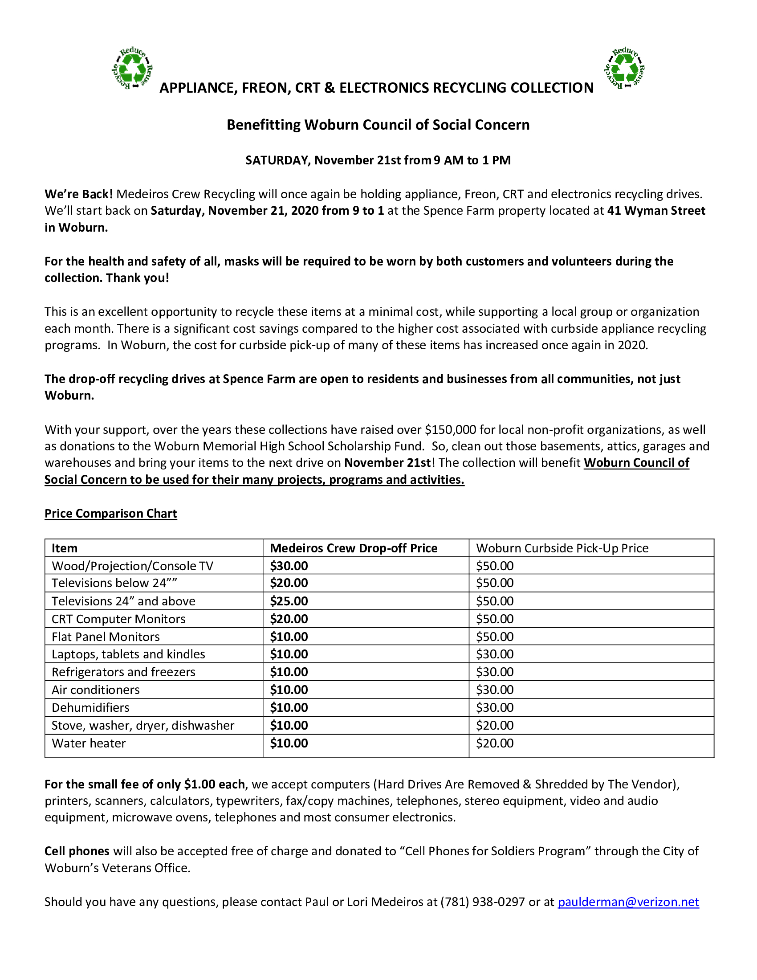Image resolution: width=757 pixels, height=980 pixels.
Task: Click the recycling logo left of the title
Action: click(x=132, y=69)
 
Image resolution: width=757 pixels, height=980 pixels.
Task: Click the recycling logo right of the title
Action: click(x=624, y=69)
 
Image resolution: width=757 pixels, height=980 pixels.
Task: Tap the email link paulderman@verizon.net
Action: click(x=628, y=902)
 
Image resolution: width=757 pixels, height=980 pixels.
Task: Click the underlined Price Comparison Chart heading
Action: click(x=111, y=513)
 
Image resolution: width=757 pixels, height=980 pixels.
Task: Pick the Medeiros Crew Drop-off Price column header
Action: click(x=354, y=548)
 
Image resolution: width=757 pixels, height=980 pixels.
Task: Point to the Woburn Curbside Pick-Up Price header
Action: click(x=562, y=548)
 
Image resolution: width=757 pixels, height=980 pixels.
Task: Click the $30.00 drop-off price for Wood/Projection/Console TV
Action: click(x=289, y=566)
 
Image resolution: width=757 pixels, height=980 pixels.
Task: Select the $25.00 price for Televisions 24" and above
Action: click(x=289, y=601)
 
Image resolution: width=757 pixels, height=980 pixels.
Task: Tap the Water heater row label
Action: click(x=89, y=743)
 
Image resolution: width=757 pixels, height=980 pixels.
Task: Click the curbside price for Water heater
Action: click(x=495, y=743)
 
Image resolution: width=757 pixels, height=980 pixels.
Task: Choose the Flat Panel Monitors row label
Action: click(x=106, y=637)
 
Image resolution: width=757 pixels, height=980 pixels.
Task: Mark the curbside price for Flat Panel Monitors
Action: click(x=495, y=637)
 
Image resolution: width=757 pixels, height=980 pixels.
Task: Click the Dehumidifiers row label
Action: click(x=90, y=708)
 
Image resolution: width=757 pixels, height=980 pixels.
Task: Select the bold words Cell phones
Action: click(x=77, y=851)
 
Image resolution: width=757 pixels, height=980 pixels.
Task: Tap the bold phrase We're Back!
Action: click(x=79, y=194)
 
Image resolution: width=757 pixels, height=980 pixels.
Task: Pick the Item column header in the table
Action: click(x=65, y=548)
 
